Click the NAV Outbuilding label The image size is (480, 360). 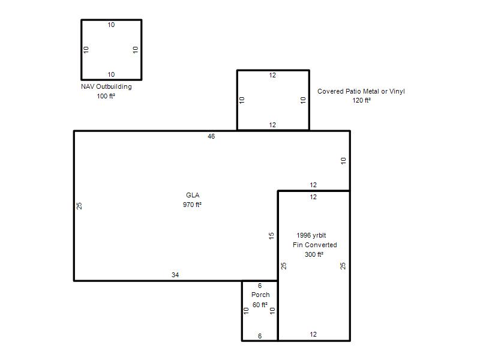[x=106, y=86]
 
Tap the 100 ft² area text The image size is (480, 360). [x=106, y=96]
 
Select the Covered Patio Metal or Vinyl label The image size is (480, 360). [x=361, y=91]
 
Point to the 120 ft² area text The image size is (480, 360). [x=362, y=100]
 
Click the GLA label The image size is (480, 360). [x=193, y=195]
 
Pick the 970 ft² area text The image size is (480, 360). [x=192, y=205]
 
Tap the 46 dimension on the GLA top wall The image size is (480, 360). [x=211, y=137]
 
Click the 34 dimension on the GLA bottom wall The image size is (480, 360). [x=175, y=275]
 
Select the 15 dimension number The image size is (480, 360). [x=271, y=236]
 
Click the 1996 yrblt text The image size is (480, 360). [x=311, y=235]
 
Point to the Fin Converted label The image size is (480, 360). [x=314, y=245]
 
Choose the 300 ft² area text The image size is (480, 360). [x=314, y=254]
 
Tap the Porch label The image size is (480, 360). [x=260, y=295]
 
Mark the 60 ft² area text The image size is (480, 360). [x=260, y=305]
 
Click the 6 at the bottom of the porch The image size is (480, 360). [x=260, y=336]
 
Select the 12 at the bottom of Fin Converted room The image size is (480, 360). [x=313, y=335]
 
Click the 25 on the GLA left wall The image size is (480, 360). [x=79, y=206]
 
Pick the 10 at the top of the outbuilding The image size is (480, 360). [x=111, y=25]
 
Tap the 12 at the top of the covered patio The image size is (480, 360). [x=272, y=76]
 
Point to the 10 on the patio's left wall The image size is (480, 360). [x=242, y=100]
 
